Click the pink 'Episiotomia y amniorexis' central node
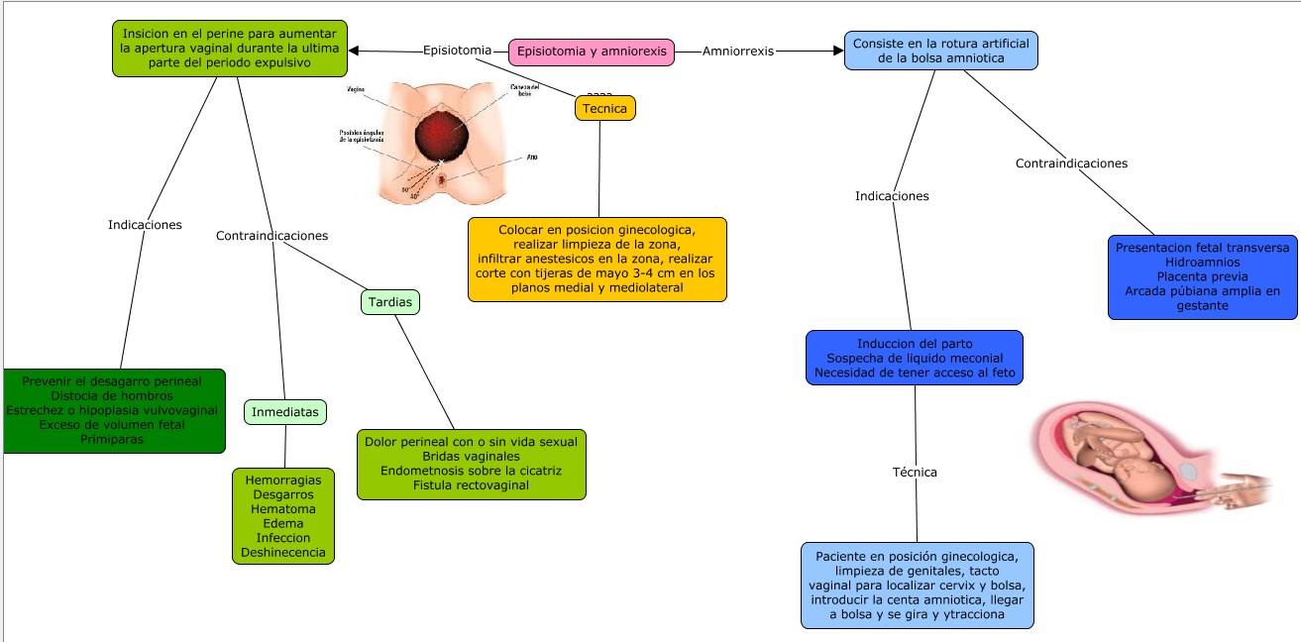point(591,52)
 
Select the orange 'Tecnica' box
point(604,108)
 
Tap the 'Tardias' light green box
point(389,301)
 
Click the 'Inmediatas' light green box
point(284,411)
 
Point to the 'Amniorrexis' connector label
point(737,51)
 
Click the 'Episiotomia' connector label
point(457,51)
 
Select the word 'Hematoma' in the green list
point(283,508)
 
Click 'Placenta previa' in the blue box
point(1202,276)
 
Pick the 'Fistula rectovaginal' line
point(471,485)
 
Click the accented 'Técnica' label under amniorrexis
point(915,472)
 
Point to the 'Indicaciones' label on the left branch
point(145,225)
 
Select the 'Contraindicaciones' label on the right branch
point(1071,163)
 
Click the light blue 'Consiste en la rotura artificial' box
point(940,51)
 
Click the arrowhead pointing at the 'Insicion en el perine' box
point(355,51)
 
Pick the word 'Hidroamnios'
point(1202,262)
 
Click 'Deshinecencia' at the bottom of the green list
point(283,553)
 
